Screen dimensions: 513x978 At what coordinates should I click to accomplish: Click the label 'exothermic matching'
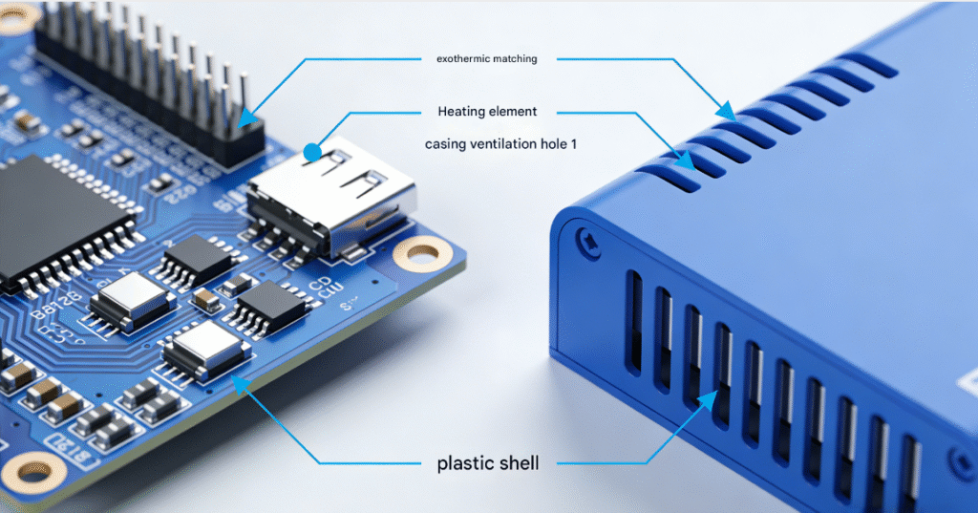click(x=486, y=59)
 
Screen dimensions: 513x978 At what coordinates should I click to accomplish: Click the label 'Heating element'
click(x=487, y=112)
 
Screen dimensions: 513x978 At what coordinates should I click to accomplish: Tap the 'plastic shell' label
click(x=487, y=464)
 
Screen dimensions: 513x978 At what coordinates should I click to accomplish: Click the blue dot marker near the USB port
click(x=311, y=151)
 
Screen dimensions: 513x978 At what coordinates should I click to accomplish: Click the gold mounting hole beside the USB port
click(x=422, y=252)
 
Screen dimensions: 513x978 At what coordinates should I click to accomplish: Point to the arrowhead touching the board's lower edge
click(x=239, y=384)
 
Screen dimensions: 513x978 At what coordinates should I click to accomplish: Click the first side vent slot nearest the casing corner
click(x=633, y=320)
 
